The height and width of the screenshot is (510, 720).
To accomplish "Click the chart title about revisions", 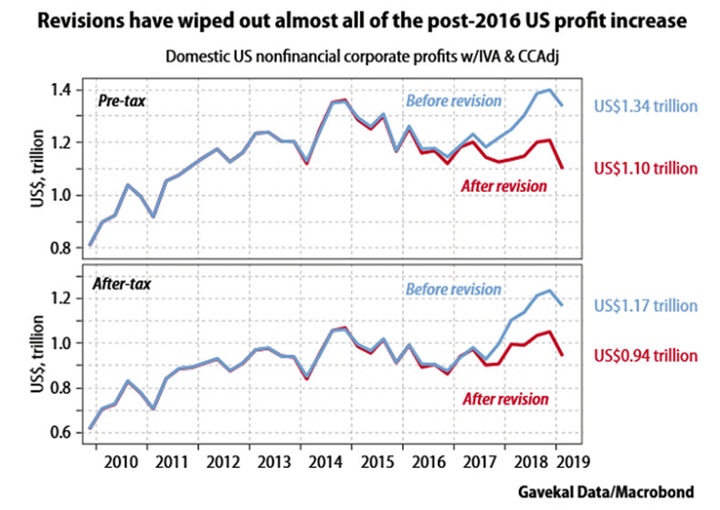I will coord(360,19).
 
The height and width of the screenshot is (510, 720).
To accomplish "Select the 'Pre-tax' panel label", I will coord(122,100).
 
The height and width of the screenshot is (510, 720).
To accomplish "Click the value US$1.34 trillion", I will coord(646,105).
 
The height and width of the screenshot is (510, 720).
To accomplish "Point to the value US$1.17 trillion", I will coord(646,306).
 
